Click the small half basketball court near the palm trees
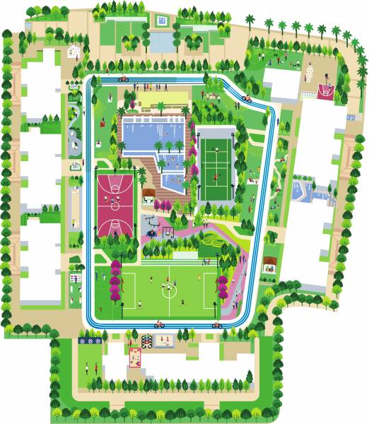point(326,90)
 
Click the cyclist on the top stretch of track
point(123,79)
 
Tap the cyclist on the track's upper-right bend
point(247,99)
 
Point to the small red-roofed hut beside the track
point(269,264)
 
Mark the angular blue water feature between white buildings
point(303,191)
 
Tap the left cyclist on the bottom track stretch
point(159,324)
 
